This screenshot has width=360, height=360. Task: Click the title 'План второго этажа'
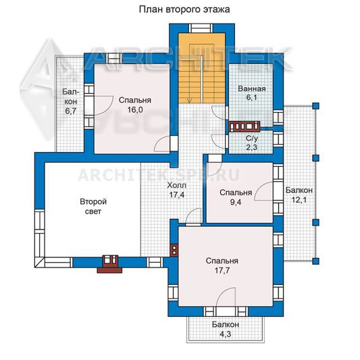pos(184,9)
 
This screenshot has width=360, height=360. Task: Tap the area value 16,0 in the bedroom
pos(135,110)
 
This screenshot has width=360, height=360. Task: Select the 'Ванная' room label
pos(252,88)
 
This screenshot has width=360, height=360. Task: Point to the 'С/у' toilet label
pos(252,138)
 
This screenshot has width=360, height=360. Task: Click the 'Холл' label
pos(176,185)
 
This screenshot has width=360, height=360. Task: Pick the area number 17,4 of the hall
pos(176,195)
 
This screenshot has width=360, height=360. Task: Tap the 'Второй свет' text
pos(93,207)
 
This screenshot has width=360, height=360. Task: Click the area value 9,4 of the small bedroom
pos(236,203)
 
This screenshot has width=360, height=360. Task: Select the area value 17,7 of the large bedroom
pos(222,271)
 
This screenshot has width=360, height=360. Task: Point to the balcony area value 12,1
pos(299,200)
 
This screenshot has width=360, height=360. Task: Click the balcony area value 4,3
pos(225,334)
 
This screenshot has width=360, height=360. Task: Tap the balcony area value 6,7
pos(71,111)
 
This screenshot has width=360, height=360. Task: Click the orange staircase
pos(201,68)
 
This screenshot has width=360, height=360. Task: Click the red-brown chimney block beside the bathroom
pos(245,126)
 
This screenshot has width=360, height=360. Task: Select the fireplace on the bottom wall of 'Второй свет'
pos(110,264)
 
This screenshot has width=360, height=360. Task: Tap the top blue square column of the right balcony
pos(316,106)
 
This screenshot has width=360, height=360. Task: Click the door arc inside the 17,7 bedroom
pos(226,297)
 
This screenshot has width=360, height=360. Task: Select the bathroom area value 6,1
pos(252,98)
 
